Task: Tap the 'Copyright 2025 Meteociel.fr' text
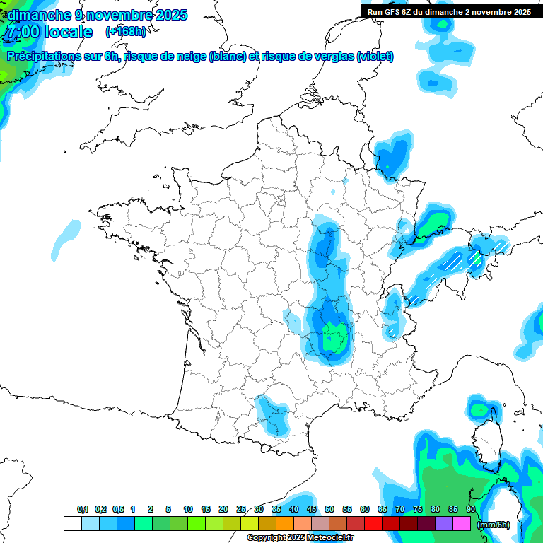pos(300,537)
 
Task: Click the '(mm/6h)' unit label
pos(494,524)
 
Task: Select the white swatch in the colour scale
pos(72,523)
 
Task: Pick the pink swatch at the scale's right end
pos(462,523)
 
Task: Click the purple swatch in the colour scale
pos(444,523)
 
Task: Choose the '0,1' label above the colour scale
pos(83,509)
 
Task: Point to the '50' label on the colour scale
pos(329,509)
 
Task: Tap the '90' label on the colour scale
pos(471,509)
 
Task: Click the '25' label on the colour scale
pos(241,509)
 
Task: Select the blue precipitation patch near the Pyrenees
pos(272,416)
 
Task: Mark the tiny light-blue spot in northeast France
pos(334,191)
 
